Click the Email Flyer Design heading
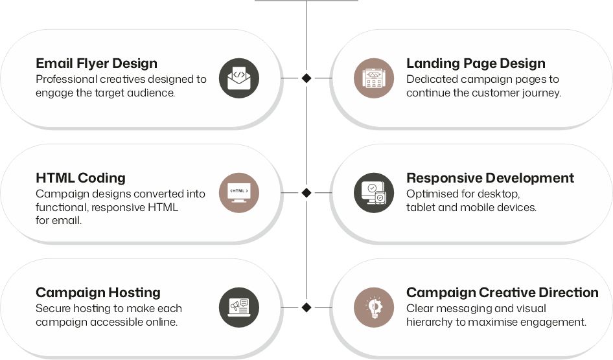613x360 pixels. coord(97,63)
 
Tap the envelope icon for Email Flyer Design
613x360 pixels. coord(239,78)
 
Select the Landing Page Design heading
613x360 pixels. coord(476,63)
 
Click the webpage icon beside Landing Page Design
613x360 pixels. coord(374,78)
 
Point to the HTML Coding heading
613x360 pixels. coord(80,178)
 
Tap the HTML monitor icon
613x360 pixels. coord(239,193)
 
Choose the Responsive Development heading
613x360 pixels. coord(491,178)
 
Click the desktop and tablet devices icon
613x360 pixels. coord(374,193)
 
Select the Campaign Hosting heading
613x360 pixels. coord(98,293)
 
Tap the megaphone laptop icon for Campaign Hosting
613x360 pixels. coord(239,308)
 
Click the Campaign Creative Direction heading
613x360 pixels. coord(502,293)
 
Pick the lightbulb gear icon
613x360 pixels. coord(374,308)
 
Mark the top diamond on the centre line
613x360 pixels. coord(306,78)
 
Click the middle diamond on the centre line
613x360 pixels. coord(306,193)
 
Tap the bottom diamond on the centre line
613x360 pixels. coord(306,308)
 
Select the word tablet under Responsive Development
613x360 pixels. coord(421,207)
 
